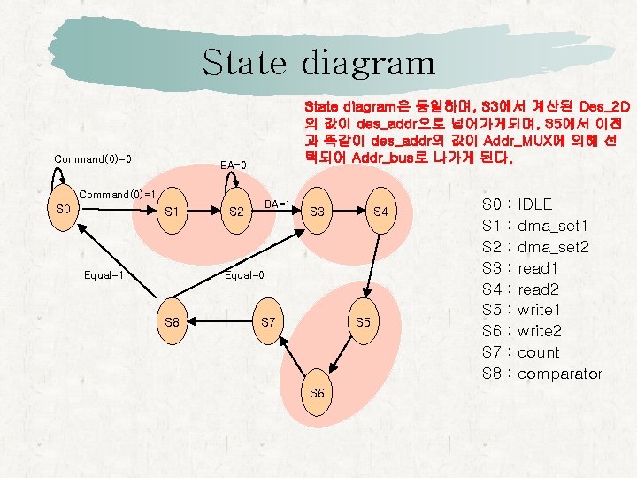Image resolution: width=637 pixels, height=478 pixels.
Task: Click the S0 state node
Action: (63, 209)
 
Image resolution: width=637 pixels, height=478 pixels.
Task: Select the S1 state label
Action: (173, 212)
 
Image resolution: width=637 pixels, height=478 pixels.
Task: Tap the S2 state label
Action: (236, 212)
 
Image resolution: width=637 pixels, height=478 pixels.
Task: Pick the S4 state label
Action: (381, 212)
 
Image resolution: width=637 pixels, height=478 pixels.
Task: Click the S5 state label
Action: (363, 321)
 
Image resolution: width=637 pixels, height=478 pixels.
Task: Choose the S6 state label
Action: (318, 391)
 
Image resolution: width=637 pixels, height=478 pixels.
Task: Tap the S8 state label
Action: (172, 322)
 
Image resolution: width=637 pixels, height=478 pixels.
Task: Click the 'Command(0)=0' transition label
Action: (93, 159)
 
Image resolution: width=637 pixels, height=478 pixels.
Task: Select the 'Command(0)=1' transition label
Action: (118, 194)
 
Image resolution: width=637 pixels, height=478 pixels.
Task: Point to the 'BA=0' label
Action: (234, 165)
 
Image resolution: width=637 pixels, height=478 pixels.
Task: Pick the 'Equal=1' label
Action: (102, 275)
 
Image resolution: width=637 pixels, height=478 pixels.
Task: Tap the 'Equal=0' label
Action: (244, 275)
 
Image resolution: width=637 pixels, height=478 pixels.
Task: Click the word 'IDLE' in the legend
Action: (536, 204)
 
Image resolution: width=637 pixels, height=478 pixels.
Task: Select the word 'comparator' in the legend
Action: (559, 374)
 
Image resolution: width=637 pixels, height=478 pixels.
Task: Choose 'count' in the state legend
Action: (539, 352)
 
